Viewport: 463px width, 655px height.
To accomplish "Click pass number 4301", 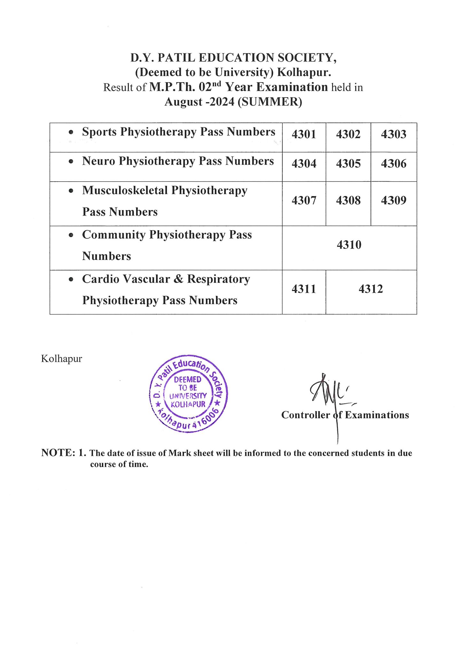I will coord(304,134).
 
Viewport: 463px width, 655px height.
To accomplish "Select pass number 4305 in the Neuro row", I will coord(348,164).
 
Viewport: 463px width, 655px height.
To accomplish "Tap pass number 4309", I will coord(394,201).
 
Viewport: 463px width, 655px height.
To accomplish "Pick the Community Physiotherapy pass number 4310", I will coord(349,245).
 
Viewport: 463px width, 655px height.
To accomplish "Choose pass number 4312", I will coord(371,289).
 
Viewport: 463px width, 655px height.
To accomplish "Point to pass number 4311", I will coord(304,289).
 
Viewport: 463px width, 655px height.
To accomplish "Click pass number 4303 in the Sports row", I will coord(394,134).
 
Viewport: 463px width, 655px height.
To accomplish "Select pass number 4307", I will coord(304,201).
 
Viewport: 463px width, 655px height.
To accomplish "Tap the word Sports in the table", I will coord(99,132).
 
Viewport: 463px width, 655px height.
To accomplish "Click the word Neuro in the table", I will coord(98,161).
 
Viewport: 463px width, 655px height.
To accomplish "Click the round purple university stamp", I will coord(188,394).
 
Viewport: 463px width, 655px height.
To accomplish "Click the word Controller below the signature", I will coord(305,415).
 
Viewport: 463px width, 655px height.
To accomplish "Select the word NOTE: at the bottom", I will coord(58,453).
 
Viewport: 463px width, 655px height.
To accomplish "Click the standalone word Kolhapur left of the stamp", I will coord(61,359).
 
